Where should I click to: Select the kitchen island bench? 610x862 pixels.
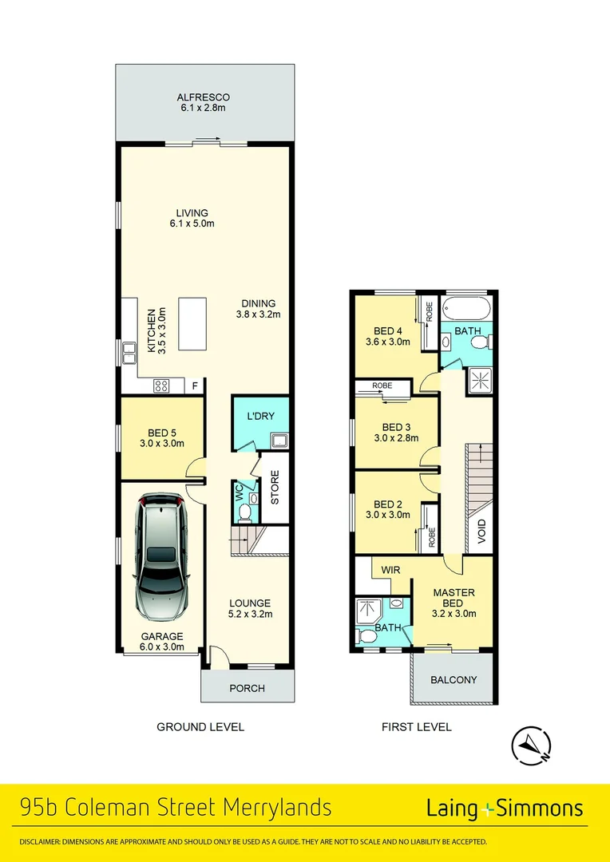coord(192,323)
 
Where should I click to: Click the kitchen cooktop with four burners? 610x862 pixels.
coord(161,386)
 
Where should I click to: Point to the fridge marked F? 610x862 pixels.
coord(194,386)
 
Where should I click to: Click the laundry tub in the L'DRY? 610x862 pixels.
coord(279,439)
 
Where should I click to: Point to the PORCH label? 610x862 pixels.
coord(247,688)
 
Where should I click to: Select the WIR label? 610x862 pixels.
coord(390,571)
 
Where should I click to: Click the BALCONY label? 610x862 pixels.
coord(454,680)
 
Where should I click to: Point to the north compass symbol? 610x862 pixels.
coord(530,745)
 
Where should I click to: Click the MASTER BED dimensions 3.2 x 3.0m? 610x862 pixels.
coord(454,614)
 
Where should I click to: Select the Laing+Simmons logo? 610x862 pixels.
coord(504,809)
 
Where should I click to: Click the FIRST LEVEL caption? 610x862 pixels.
coord(416,727)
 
